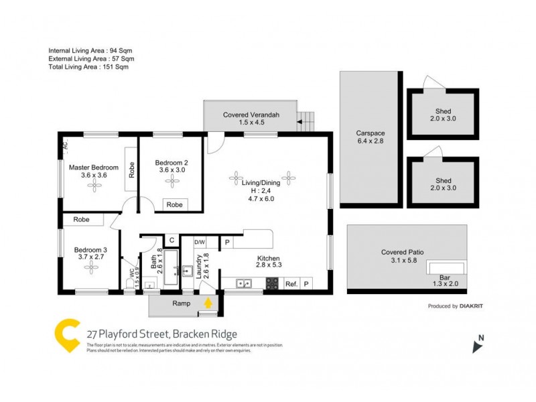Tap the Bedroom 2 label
tap(172, 162)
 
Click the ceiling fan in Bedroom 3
tap(90, 267)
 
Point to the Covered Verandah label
tap(251, 115)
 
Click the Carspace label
tap(370, 133)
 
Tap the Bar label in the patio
tap(444, 277)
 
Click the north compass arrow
tap(478, 346)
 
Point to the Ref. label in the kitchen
tap(291, 284)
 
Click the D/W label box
tap(200, 242)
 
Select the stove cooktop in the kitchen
tap(273, 284)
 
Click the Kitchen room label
tap(269, 259)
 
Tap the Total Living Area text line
tap(88, 67)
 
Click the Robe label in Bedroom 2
tap(174, 205)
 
